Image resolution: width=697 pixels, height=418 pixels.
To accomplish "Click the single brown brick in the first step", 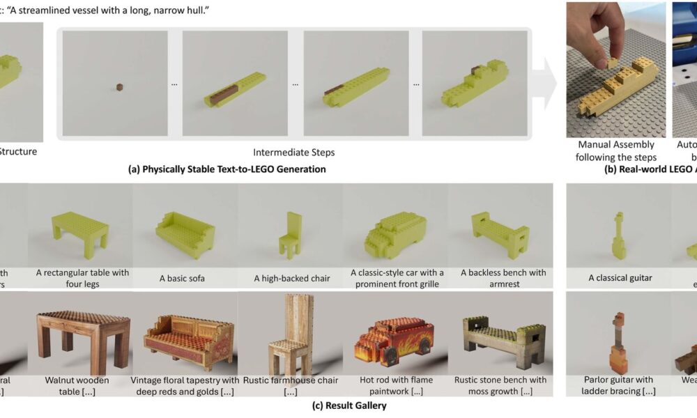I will [120, 87].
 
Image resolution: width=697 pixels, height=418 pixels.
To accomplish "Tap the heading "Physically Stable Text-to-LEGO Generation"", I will [234, 169].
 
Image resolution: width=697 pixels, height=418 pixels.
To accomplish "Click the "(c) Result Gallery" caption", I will [348, 405].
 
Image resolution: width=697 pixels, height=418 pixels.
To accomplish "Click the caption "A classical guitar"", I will [620, 278].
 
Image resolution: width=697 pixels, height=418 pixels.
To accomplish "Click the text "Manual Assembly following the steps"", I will [615, 151].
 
